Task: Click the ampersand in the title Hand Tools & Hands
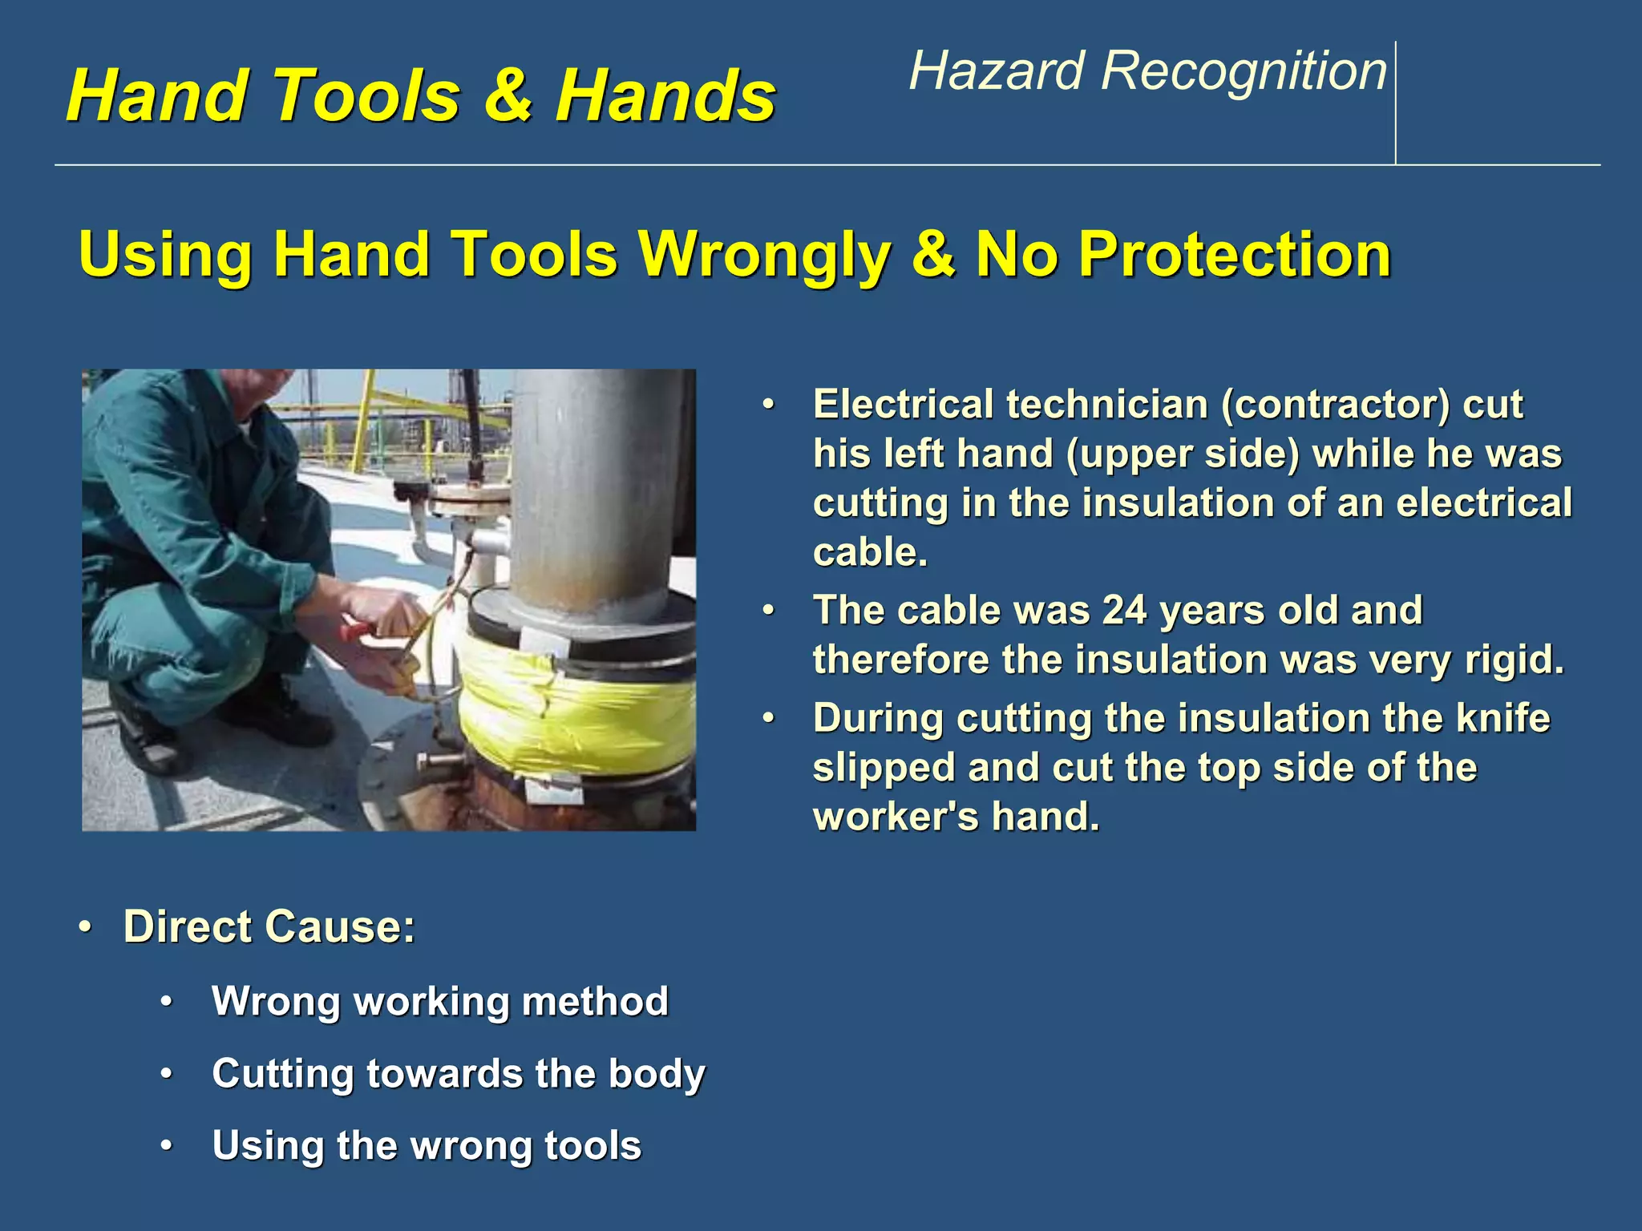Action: click(508, 95)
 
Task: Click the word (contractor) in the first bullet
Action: click(1335, 404)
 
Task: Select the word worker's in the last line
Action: click(896, 817)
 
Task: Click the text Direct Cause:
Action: click(269, 926)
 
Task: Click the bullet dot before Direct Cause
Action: click(86, 927)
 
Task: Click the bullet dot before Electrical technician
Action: click(769, 405)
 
